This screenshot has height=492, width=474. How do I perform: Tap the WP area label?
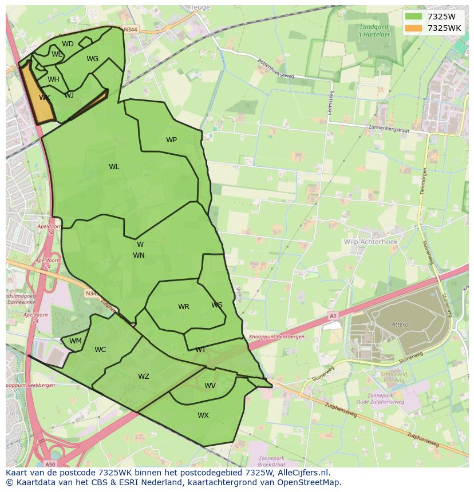tap(171, 140)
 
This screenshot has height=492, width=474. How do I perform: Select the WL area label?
tap(114, 167)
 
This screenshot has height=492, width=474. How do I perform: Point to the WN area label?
tap(139, 255)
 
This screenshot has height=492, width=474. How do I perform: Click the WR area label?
tap(183, 307)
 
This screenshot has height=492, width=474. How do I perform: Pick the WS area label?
tap(216, 305)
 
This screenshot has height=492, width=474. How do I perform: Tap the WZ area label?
tap(143, 377)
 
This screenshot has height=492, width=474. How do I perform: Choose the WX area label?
tap(203, 415)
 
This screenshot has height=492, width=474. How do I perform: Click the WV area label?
tap(210, 386)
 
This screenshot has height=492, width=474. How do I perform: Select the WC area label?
tap(100, 350)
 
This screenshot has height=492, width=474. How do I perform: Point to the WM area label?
tap(76, 341)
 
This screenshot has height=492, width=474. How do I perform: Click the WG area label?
tap(92, 59)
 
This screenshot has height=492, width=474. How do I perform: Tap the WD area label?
tap(68, 44)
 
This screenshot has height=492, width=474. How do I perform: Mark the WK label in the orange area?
tap(45, 98)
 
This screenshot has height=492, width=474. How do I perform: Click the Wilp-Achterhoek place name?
tap(370, 242)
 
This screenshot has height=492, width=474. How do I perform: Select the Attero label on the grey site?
tap(400, 325)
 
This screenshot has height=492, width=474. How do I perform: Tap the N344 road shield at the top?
tap(131, 29)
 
